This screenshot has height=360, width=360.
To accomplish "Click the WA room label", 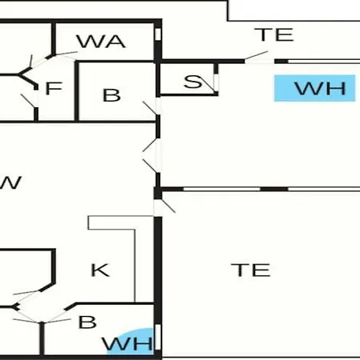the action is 101,42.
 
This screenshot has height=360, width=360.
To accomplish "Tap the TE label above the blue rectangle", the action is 274,34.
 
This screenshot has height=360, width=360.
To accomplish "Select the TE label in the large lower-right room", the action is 250,270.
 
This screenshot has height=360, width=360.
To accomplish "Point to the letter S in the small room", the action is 193,82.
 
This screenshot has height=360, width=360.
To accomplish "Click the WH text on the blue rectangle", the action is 321,89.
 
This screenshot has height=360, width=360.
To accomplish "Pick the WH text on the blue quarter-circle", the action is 127,344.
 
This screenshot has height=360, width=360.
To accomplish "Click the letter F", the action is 54,88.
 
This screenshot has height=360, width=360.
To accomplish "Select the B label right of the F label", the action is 111,95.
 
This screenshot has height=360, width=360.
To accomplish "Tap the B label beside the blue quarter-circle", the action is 87,322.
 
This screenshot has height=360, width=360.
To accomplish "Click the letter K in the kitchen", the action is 100,270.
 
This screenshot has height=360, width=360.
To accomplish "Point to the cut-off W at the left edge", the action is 10,182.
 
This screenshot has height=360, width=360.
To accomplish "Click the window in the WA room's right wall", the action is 158,34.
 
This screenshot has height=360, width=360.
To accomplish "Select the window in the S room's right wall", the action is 216,82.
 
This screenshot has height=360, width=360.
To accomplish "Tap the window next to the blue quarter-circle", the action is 158,337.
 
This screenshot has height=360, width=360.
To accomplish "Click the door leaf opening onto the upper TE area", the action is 256,55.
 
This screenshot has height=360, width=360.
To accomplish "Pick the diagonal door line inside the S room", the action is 207,86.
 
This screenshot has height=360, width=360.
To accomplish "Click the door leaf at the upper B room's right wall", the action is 150,108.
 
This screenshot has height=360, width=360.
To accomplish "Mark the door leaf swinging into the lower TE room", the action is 168,206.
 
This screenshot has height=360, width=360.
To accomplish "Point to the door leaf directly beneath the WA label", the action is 66,54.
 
